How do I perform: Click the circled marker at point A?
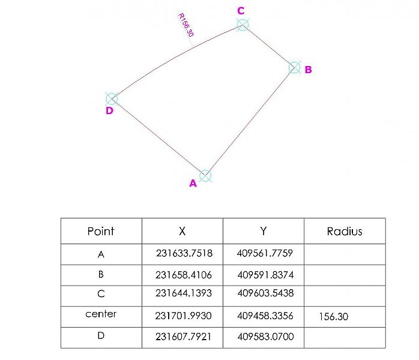(205, 176)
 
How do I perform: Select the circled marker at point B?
(294, 67)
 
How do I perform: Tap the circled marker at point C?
(242, 24)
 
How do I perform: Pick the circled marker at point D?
(111, 99)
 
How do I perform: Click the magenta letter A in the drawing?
(193, 184)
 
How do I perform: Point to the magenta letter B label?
(308, 70)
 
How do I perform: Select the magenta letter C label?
(241, 10)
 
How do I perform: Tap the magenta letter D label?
(109, 111)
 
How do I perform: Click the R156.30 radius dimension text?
(185, 25)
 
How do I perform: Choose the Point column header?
(101, 231)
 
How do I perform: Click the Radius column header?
(345, 231)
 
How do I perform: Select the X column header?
(182, 231)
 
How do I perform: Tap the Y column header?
(264, 231)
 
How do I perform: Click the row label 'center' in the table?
(101, 314)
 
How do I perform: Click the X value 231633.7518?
(184, 253)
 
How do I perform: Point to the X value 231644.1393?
(184, 295)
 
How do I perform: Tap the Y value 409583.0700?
(265, 337)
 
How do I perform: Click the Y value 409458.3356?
(265, 316)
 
